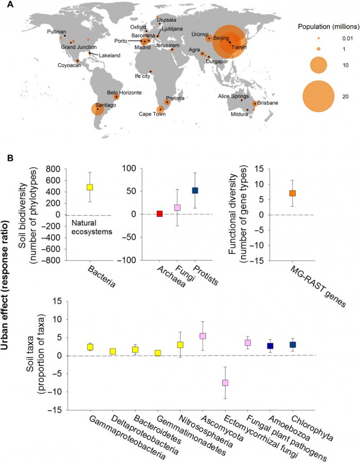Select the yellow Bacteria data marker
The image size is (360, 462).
pyautogui.click(x=89, y=187)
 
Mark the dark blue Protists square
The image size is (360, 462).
pyautogui.click(x=195, y=190)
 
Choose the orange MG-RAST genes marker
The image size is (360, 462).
pyautogui.click(x=293, y=193)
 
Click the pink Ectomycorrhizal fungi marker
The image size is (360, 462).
pyautogui.click(x=225, y=383)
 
